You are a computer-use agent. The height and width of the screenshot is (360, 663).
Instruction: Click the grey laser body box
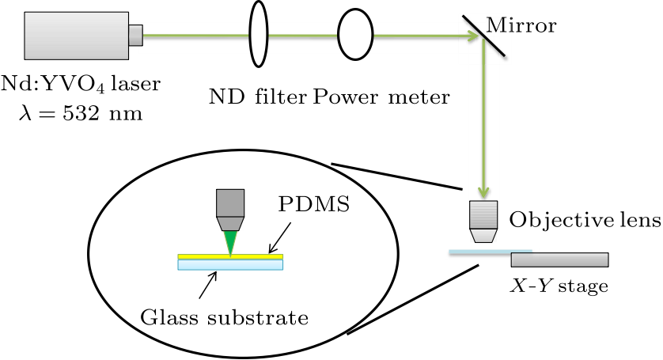(x=76, y=36)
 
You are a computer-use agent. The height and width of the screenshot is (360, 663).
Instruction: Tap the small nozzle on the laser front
(x=135, y=35)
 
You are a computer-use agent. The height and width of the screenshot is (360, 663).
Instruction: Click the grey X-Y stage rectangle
(x=559, y=259)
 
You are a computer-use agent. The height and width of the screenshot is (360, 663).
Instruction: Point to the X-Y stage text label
(x=559, y=285)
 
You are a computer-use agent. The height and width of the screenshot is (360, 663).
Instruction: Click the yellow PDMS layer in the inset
(x=198, y=256)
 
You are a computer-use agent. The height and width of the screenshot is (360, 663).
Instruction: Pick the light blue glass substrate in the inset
(x=229, y=266)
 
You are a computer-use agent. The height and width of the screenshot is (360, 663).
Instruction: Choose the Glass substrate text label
(x=224, y=319)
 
